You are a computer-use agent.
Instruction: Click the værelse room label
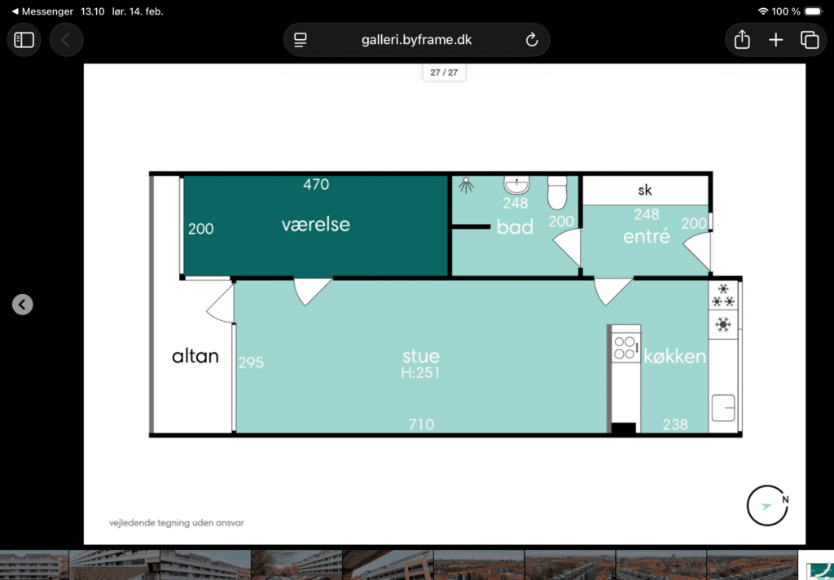(315, 225)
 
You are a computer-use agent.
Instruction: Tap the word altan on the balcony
(195, 356)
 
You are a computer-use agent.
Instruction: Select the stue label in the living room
(421, 356)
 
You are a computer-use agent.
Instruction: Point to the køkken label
(675, 356)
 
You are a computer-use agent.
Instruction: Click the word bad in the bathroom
(515, 227)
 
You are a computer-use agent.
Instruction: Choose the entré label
(646, 235)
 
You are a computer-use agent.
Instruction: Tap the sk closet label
(645, 190)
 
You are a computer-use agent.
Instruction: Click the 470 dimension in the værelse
(316, 184)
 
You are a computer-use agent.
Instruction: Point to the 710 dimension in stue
(421, 424)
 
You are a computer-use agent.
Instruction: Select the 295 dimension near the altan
(251, 362)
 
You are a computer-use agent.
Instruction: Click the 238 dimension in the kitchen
(675, 424)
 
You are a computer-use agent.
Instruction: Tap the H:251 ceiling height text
(420, 372)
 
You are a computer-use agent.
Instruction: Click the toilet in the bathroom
(557, 192)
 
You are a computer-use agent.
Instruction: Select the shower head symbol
(466, 185)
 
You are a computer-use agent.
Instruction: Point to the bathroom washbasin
(516, 185)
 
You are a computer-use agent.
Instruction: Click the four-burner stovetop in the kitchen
(625, 347)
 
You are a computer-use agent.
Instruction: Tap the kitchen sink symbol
(723, 408)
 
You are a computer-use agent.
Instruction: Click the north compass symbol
(767, 506)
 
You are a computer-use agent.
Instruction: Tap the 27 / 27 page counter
(444, 72)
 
